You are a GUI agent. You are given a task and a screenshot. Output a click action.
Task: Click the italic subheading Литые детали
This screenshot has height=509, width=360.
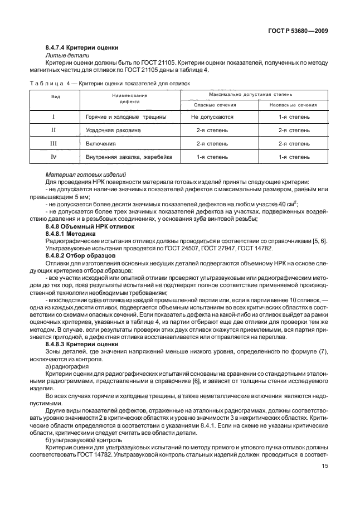coord(63,56)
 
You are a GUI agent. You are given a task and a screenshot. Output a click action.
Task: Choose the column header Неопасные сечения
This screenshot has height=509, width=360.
coord(293,105)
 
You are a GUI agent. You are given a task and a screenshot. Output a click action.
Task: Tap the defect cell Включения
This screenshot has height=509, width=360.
coord(100,144)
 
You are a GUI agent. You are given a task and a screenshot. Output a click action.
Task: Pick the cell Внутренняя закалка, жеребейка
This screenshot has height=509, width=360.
coord(129,157)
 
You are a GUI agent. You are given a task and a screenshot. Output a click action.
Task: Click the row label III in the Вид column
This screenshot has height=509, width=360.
coord(53,144)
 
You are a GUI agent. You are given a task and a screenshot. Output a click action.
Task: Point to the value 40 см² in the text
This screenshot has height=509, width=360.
coord(285,203)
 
